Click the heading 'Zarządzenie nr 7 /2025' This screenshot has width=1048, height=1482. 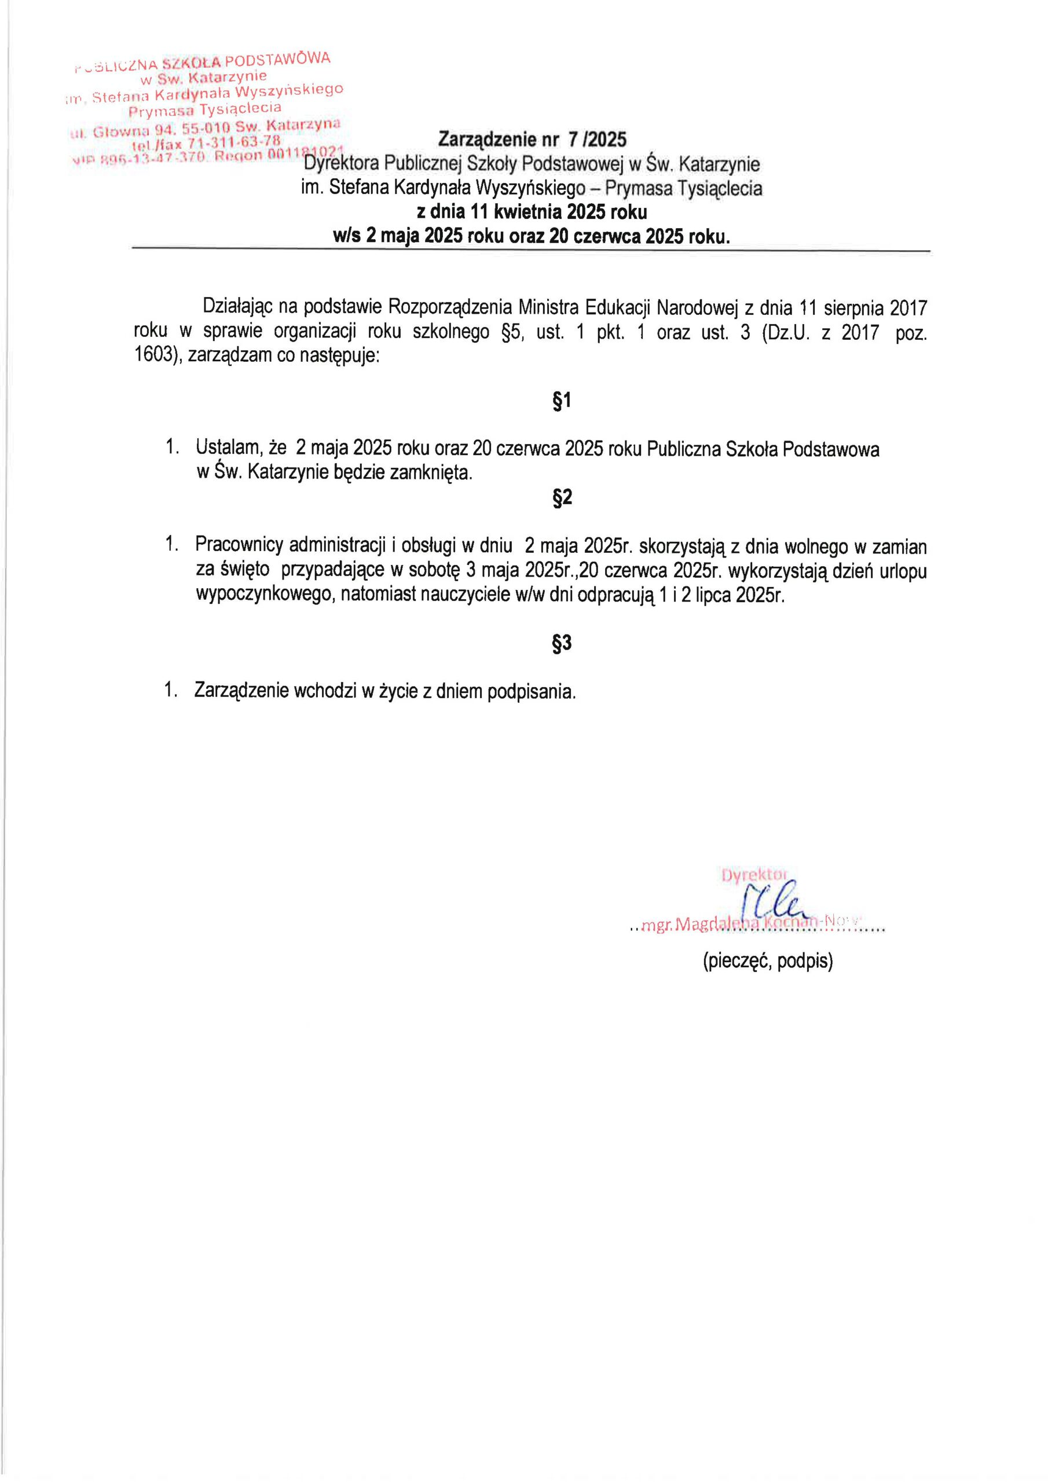click(532, 140)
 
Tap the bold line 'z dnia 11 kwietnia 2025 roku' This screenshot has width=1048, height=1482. click(532, 212)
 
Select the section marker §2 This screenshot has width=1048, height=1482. click(562, 497)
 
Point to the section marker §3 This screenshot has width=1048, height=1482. click(562, 643)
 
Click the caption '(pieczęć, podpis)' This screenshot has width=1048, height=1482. click(768, 962)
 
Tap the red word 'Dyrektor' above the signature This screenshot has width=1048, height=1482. click(753, 875)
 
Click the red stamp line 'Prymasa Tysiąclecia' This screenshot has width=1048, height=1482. click(205, 109)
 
